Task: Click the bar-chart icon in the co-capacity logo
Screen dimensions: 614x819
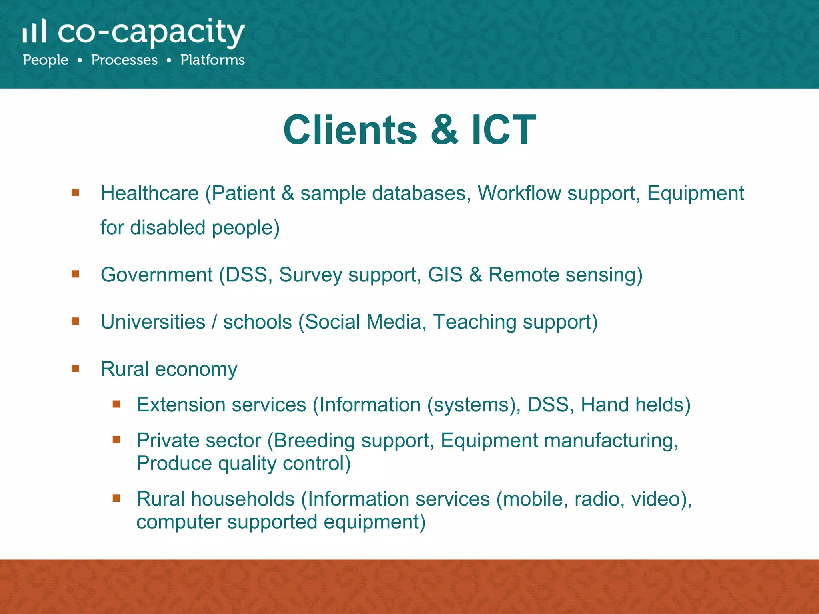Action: [x=34, y=31]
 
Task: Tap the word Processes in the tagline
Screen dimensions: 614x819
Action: [x=124, y=60]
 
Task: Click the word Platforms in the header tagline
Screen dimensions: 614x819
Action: [x=212, y=60]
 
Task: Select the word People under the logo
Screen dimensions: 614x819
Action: [x=46, y=60]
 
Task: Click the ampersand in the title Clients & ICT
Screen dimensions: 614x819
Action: [x=445, y=130]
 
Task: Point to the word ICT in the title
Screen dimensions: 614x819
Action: [x=503, y=130]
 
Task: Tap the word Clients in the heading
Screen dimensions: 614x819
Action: [x=350, y=130]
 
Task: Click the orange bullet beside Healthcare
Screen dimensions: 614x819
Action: [x=75, y=193]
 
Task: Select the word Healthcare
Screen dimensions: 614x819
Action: [x=150, y=193]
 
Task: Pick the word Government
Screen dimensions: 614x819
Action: [x=156, y=275]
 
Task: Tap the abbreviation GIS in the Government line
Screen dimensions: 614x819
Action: [x=445, y=275]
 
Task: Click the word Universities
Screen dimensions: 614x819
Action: [x=153, y=322]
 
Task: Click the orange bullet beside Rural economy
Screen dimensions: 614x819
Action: [x=75, y=368]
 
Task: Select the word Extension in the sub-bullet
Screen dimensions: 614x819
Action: [x=181, y=405]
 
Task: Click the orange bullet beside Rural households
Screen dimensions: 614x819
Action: [x=116, y=498]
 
